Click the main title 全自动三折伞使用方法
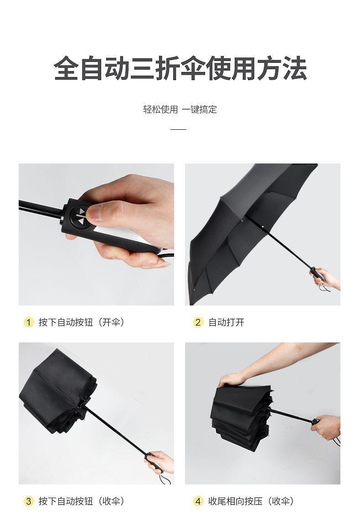tap(180, 68)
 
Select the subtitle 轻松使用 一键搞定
tap(180, 109)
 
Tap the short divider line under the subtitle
tap(178, 129)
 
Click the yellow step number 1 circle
tap(29, 322)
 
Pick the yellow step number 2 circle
tap(198, 322)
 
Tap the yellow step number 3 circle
tap(29, 501)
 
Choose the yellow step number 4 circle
tap(198, 501)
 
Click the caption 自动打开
tap(226, 322)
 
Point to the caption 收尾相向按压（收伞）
tap(251, 501)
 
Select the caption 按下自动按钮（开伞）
tap(82, 322)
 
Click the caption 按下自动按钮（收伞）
tap(82, 501)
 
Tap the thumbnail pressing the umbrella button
tap(96, 234)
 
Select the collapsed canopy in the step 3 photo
tap(58, 393)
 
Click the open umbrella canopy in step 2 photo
tap(246, 229)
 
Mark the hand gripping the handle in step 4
tap(326, 427)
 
